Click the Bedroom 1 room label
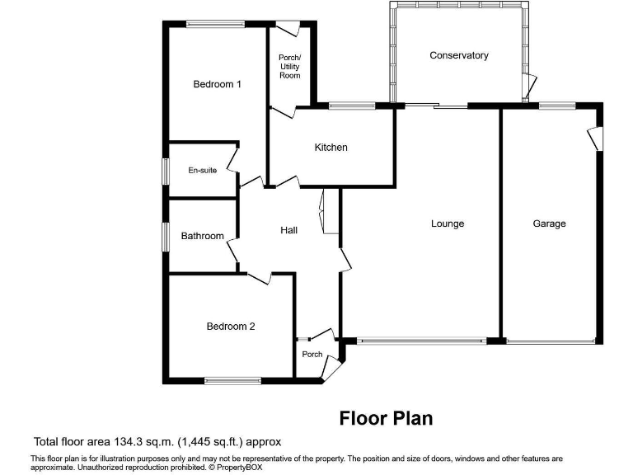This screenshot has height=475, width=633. [217, 84]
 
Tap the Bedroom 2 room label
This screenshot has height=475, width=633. [230, 327]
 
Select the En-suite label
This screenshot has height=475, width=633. [202, 171]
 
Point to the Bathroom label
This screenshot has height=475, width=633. [202, 236]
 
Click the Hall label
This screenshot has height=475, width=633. [288, 230]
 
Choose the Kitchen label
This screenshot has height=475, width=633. [331, 148]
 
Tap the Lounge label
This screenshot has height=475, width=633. [448, 223]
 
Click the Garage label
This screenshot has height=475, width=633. [549, 223]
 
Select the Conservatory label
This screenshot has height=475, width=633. [459, 55]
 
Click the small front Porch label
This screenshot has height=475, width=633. [312, 355]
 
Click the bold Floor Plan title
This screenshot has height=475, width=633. [386, 419]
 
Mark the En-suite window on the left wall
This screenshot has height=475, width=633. [165, 172]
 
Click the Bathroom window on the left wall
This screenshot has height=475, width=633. [165, 236]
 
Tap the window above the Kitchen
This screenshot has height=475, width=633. [352, 106]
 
